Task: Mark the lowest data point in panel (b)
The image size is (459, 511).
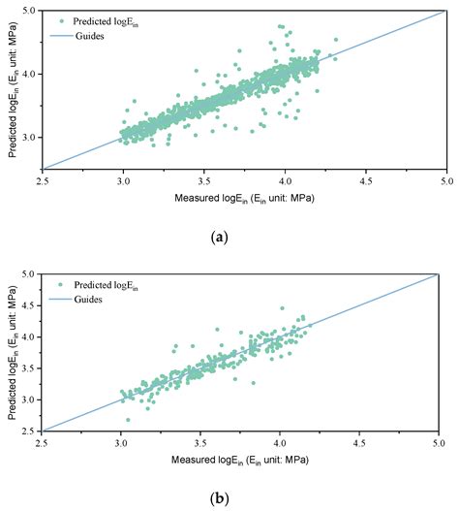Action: click(x=128, y=420)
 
